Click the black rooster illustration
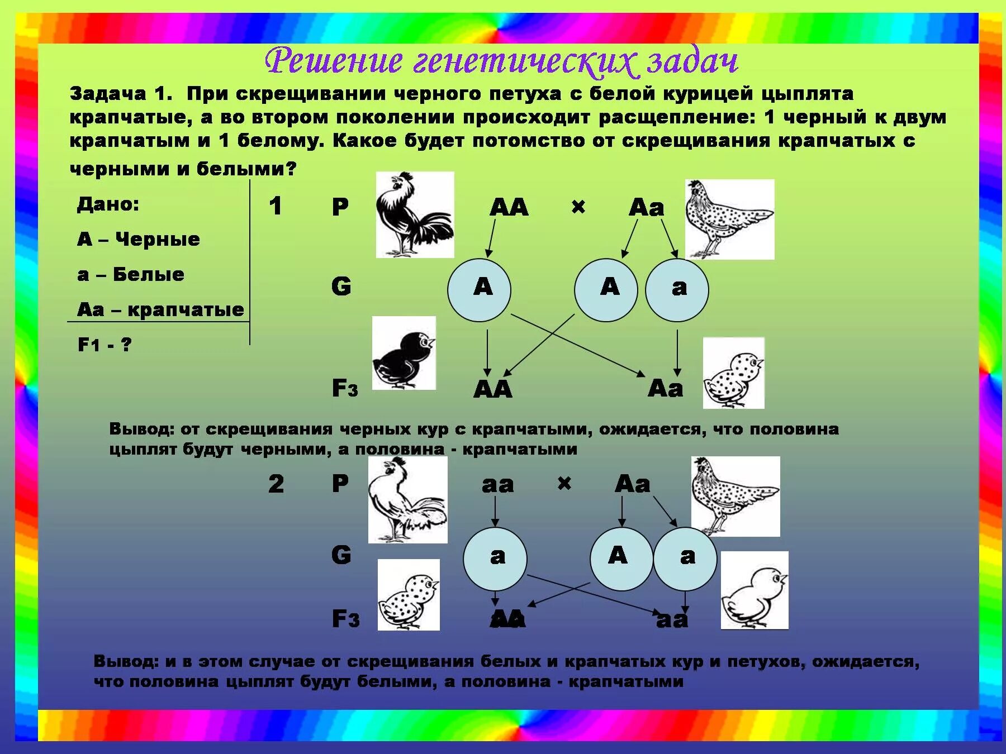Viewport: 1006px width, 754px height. tap(414, 215)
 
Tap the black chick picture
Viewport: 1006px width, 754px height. tap(404, 353)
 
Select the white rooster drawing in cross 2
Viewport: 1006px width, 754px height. tap(407, 500)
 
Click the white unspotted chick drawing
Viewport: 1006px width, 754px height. tap(754, 590)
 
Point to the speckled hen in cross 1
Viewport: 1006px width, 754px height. tap(729, 219)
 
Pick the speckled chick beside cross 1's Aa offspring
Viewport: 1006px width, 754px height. tap(733, 373)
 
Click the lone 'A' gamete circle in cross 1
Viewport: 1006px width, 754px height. tap(479, 289)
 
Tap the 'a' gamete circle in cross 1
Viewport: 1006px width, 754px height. tap(677, 289)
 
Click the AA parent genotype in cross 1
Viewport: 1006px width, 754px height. tap(509, 207)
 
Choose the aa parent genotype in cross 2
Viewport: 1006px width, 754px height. tap(497, 484)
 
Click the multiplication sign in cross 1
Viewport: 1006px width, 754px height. tap(578, 207)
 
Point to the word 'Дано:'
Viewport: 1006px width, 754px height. tap(108, 204)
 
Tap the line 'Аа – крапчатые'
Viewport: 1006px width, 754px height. tap(160, 309)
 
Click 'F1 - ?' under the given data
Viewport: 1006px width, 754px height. tap(105, 345)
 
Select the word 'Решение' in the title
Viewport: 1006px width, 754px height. tap(334, 61)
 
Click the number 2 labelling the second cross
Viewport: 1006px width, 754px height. tap(276, 484)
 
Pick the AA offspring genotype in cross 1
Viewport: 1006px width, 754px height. tap(492, 389)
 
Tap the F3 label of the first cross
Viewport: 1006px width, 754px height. tap(345, 388)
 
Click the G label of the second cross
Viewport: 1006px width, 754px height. tap(341, 555)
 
